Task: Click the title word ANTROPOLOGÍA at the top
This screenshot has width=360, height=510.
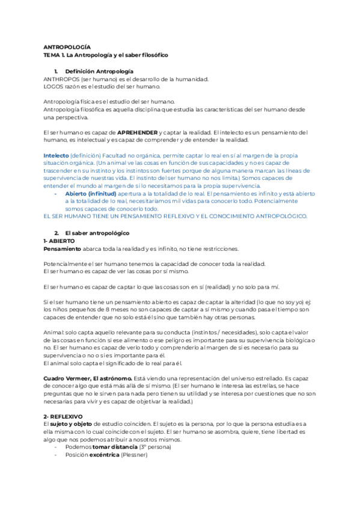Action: click(x=67, y=46)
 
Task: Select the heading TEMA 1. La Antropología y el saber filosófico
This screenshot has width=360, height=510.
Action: click(x=105, y=55)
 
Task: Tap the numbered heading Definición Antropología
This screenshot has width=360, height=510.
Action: click(x=99, y=72)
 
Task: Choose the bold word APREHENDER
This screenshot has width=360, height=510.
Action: click(x=138, y=132)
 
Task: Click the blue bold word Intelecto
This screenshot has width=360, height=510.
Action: click(x=56, y=155)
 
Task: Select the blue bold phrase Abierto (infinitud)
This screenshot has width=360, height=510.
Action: click(x=90, y=194)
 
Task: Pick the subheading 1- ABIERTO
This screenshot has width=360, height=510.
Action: click(x=59, y=241)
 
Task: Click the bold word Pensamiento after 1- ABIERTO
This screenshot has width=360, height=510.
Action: click(x=63, y=248)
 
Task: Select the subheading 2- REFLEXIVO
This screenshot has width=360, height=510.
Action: click(x=64, y=416)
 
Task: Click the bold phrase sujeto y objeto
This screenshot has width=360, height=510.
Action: click(x=75, y=424)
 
